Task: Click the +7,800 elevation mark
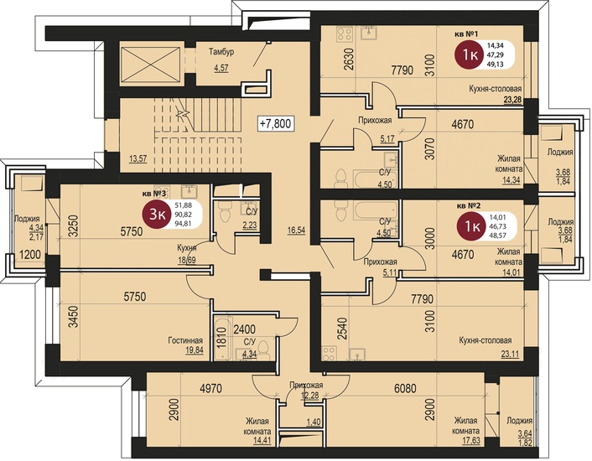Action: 276,123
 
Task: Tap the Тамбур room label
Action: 221,52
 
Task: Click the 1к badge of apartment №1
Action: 470,55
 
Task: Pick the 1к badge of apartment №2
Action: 472,226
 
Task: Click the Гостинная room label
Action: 185,340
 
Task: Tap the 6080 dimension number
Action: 405,388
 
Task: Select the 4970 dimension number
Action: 210,388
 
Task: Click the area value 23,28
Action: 512,100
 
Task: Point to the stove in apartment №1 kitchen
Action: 345,34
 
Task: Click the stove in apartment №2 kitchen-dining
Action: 329,354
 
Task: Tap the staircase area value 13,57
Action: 138,158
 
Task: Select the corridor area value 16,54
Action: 296,230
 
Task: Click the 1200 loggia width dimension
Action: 30,255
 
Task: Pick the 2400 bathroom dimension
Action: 244,329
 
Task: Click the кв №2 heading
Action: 469,206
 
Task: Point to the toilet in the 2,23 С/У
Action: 224,212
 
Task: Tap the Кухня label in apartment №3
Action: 187,248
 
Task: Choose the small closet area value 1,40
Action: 313,422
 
